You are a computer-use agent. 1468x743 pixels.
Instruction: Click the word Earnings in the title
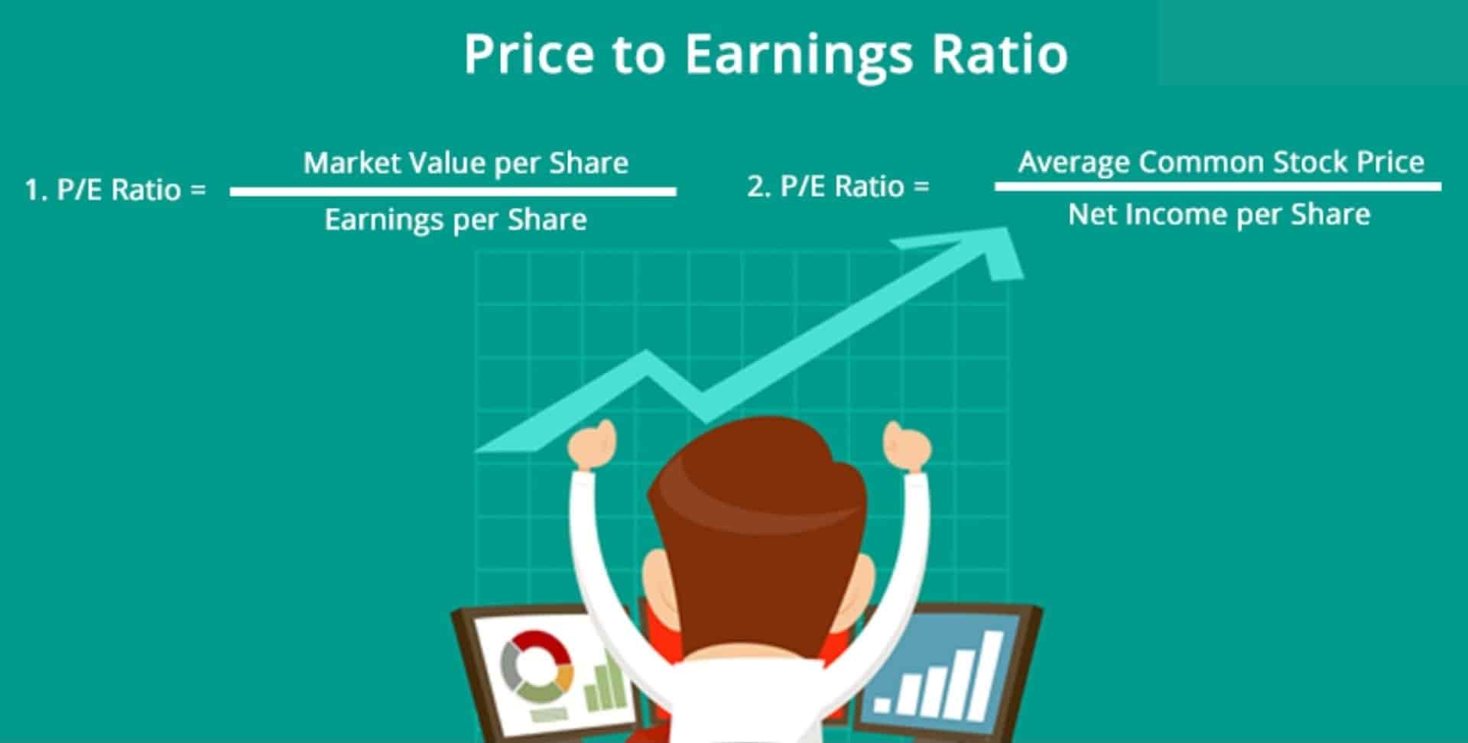coord(798,55)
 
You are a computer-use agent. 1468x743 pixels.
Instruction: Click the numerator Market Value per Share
coord(466,163)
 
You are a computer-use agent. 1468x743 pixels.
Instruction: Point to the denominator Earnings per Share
coord(456,220)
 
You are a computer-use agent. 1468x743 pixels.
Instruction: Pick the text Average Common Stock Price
coord(1221,162)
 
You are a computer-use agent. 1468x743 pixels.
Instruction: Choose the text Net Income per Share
coord(1219,215)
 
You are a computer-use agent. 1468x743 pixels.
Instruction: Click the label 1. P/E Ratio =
coord(115,190)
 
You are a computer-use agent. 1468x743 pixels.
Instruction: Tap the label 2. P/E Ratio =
coord(838,187)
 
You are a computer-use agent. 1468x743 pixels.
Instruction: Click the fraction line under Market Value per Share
coord(453,192)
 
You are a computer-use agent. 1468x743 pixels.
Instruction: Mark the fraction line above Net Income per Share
coord(1217,187)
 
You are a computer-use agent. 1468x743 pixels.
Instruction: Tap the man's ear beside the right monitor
coord(866,581)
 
